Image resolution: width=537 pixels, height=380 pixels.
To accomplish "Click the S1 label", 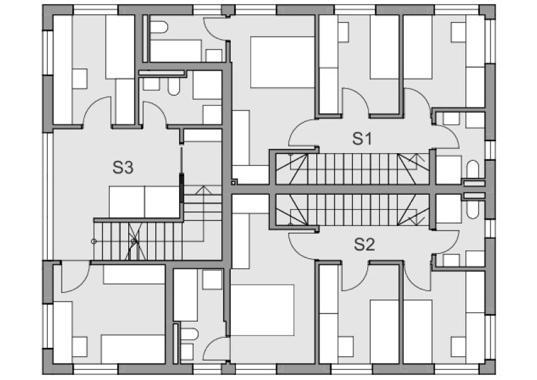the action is [362, 139].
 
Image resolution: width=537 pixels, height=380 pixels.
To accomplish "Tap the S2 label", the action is [364, 244].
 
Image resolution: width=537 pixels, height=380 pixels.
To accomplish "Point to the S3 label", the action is [123, 168].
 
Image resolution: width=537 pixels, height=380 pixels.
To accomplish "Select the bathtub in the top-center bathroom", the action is [175, 51].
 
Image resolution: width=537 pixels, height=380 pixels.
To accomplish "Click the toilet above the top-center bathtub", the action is [159, 28].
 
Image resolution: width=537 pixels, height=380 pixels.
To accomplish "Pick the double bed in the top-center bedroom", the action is [282, 62].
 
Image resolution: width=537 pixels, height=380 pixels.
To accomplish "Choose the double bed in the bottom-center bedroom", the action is [262, 310].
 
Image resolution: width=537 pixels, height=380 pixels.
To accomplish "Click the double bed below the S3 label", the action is [144, 202].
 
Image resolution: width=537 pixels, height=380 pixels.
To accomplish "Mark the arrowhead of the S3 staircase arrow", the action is [204, 189].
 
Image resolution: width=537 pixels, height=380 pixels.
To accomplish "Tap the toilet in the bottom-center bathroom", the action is [189, 334].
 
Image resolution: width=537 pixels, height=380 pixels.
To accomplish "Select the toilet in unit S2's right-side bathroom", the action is [473, 209].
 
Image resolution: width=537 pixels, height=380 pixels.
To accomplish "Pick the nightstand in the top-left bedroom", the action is [79, 79].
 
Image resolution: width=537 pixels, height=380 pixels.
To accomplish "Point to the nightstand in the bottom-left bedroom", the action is [79, 347].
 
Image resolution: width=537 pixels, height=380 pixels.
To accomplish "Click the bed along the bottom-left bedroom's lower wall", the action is [133, 349].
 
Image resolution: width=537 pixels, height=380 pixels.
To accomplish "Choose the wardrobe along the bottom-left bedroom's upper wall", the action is [135, 274].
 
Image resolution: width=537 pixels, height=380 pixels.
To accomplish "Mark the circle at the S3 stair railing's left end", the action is [94, 241].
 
